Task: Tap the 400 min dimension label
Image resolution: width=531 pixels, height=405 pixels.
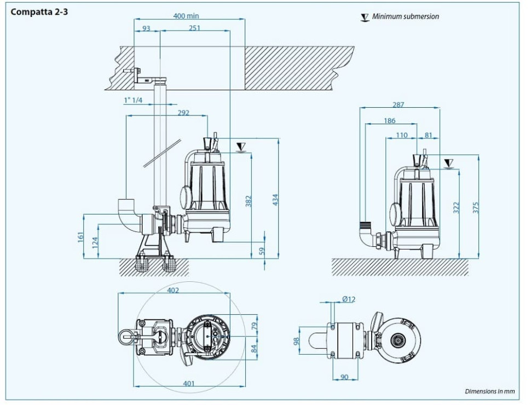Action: pos(186,16)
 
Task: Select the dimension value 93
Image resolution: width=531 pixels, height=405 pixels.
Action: pos(146,28)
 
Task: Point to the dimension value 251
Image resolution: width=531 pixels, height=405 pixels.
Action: pos(194,28)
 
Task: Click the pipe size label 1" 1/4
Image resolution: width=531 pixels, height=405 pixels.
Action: pos(132,100)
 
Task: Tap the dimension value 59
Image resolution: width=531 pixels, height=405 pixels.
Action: pos(261,251)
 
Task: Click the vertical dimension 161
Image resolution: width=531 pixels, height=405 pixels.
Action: pos(80,237)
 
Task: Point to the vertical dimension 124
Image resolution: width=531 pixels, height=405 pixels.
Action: pos(95,241)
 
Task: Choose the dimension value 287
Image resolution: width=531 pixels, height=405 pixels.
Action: pos(399,105)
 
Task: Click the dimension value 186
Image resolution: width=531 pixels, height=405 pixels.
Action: pos(390,120)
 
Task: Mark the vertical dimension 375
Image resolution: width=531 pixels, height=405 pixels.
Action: pos(476,207)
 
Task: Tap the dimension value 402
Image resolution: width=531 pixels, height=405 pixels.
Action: pos(172,290)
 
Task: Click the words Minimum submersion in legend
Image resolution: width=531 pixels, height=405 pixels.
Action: pos(406,16)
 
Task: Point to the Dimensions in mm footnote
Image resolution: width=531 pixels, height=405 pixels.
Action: pos(490,391)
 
